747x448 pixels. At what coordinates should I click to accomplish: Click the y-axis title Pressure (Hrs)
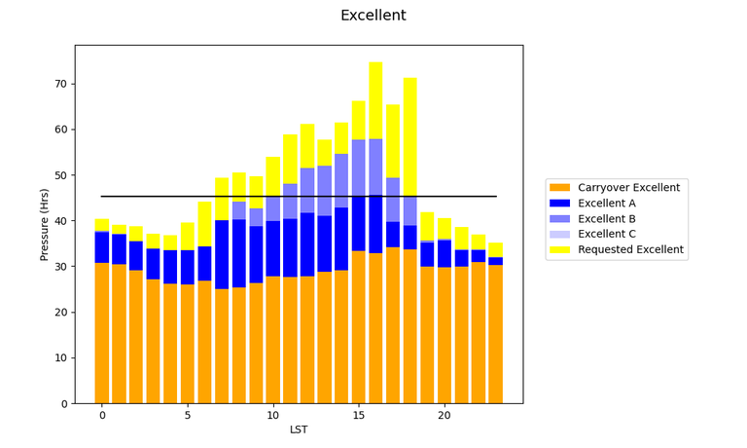tap(44, 224)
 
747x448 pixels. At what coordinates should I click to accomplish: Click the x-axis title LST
tap(299, 429)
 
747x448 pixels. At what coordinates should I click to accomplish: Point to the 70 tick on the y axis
tap(60, 84)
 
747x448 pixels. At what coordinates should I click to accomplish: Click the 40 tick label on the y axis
tap(60, 221)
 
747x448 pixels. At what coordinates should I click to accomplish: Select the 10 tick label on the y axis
tap(60, 358)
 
